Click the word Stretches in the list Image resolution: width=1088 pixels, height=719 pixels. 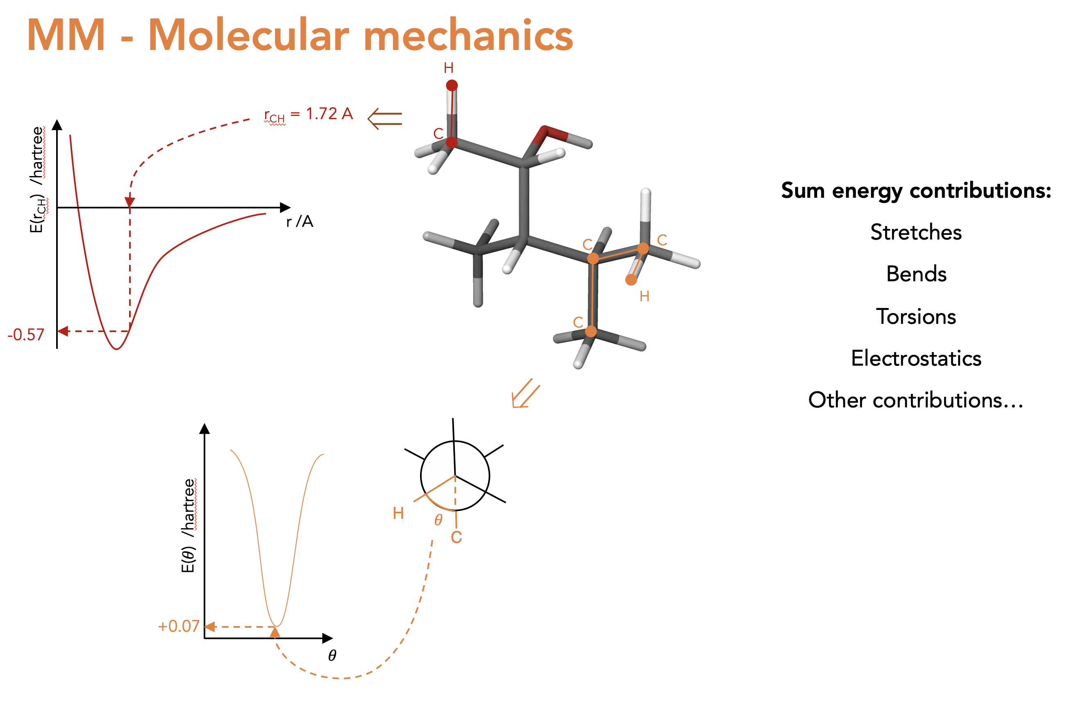916,232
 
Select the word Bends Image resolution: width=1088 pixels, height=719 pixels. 916,274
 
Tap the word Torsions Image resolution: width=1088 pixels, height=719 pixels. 916,317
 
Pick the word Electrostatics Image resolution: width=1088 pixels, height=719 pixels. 916,358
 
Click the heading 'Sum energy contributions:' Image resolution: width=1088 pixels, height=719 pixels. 916,191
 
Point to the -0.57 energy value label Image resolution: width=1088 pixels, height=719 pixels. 26,335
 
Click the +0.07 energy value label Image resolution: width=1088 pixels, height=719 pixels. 179,626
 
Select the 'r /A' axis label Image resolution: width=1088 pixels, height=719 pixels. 300,222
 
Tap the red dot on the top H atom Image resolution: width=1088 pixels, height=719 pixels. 452,85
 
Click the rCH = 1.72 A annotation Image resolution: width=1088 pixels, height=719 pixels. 308,115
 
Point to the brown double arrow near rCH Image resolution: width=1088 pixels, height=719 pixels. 384,119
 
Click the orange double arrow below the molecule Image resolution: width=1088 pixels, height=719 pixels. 525,393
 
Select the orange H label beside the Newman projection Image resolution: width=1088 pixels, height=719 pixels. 398,513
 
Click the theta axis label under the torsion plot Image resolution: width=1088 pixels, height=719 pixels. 332,655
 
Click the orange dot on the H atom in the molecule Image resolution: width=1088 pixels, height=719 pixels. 631,280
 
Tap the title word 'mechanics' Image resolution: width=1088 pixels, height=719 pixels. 468,35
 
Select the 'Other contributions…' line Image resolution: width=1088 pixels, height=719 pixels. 916,400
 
